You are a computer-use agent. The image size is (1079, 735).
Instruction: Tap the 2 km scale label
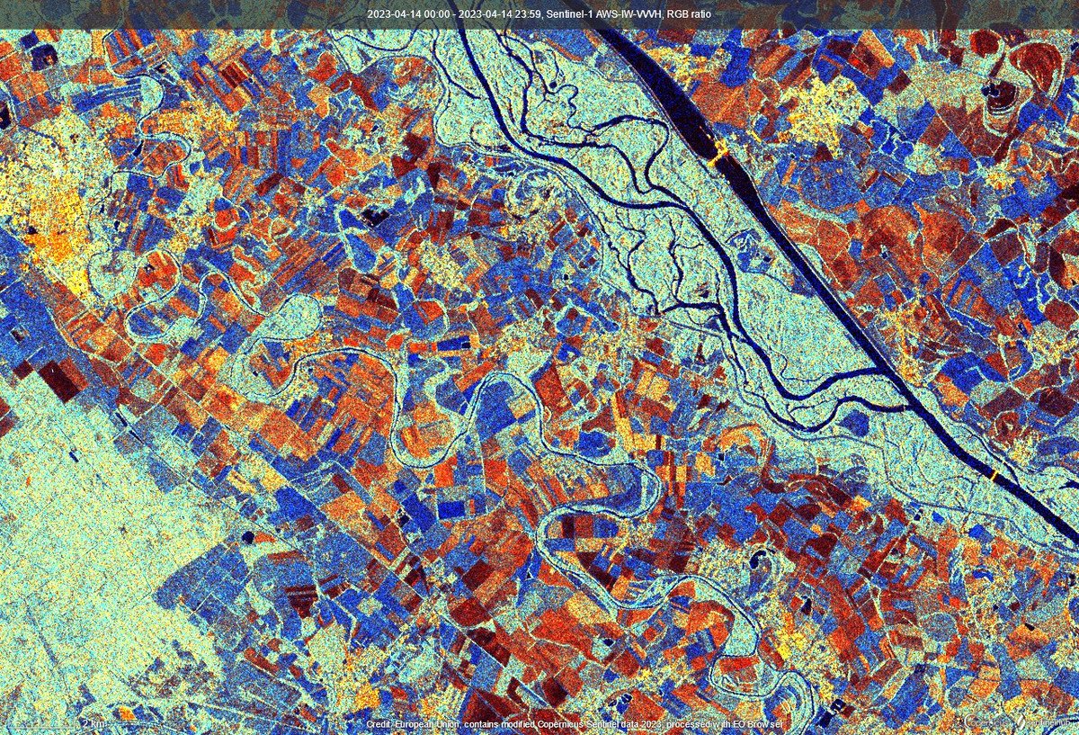click(x=91, y=723)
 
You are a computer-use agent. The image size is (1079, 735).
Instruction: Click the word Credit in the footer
click(x=379, y=725)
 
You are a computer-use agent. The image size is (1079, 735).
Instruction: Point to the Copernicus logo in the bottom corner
click(x=985, y=723)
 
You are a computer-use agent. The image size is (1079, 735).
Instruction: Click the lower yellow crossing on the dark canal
click(x=995, y=473)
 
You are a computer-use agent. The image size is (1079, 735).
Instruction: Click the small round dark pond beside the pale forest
click(x=249, y=537)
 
